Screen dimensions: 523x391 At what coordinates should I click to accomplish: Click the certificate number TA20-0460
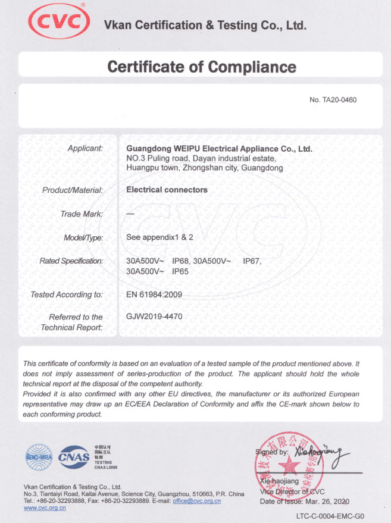pos(333,100)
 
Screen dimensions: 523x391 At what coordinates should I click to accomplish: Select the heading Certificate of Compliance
pos(201,66)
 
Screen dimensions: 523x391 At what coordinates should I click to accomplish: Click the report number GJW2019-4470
pos(155,317)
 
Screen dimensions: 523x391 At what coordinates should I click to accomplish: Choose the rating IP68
pos(181,261)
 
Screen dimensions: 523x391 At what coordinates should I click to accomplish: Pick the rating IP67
pos(252,261)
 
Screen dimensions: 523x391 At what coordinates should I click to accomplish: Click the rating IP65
pos(181,271)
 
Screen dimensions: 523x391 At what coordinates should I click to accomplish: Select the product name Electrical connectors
pos(167,190)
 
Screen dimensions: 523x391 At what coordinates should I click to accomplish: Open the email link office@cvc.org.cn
pos(196,501)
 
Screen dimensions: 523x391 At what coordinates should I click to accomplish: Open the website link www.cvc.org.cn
pos(45,508)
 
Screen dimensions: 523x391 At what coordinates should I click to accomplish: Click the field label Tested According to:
pos(67,295)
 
